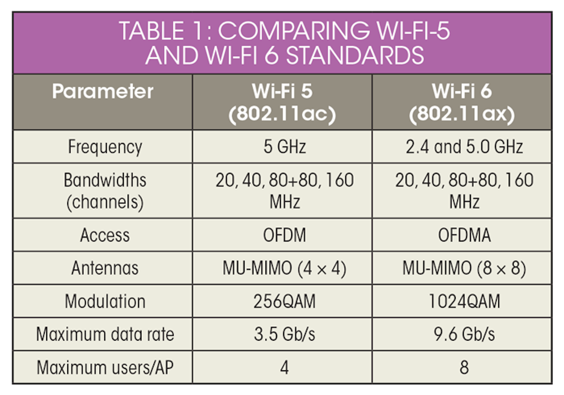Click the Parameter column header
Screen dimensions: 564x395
pyautogui.click(x=103, y=91)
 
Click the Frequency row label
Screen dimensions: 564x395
pyautogui.click(x=105, y=147)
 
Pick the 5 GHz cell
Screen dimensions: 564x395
pyautogui.click(x=285, y=147)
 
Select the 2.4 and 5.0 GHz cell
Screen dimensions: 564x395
pyautogui.click(x=464, y=147)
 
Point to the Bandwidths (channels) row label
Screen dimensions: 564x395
pyautogui.click(x=105, y=191)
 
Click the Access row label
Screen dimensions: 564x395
pyautogui.click(x=105, y=235)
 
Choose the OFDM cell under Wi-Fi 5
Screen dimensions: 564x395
pyautogui.click(x=284, y=235)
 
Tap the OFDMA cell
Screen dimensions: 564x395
pyautogui.click(x=465, y=235)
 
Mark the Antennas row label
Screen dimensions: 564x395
pyautogui.click(x=105, y=268)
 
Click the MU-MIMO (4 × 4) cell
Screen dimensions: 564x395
pyautogui.click(x=284, y=268)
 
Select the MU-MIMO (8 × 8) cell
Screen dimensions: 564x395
pyautogui.click(x=464, y=268)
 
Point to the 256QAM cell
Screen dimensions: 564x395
pyautogui.click(x=284, y=301)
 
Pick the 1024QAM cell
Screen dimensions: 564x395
pyautogui.click(x=464, y=301)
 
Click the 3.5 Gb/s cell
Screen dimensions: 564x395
pyautogui.click(x=284, y=334)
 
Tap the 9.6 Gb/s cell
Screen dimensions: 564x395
pyautogui.click(x=464, y=334)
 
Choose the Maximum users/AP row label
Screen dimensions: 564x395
pyautogui.click(x=105, y=368)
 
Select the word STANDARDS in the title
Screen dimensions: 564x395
pyautogui.click(x=355, y=56)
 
